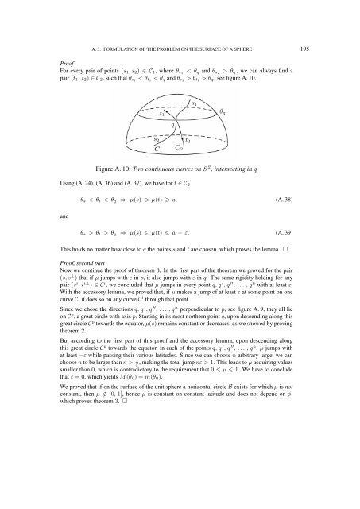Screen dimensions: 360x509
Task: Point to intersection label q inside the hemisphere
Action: (x=172, y=126)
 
